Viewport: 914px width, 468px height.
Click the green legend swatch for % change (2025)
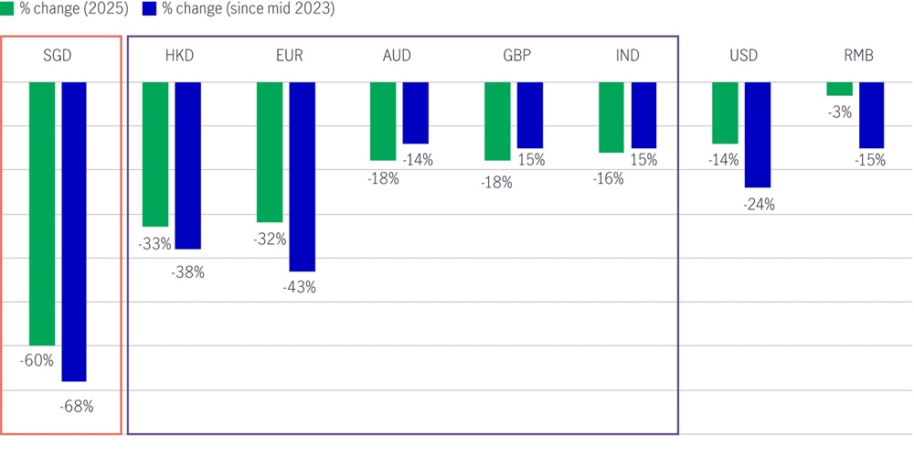point(7,8)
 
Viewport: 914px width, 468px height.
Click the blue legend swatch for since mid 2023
point(149,8)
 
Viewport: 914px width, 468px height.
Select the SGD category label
point(57,56)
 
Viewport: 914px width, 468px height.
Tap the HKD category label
point(179,56)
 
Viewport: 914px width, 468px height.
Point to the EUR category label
point(289,56)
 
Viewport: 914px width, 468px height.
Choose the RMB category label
point(859,56)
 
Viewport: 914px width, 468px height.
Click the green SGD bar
point(42,213)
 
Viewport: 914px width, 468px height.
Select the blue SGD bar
point(74,231)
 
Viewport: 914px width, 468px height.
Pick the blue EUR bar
point(302,176)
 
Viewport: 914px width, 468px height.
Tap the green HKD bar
point(155,154)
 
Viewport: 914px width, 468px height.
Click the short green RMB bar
point(839,89)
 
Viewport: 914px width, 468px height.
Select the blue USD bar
point(758,134)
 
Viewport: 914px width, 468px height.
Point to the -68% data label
point(77,407)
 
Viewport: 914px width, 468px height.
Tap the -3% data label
point(840,112)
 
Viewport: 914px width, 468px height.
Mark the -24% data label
point(758,205)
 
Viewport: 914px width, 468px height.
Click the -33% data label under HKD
point(154,244)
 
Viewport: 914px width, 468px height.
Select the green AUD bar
point(383,121)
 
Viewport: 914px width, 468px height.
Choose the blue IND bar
point(643,114)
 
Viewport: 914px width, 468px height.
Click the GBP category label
point(516,56)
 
